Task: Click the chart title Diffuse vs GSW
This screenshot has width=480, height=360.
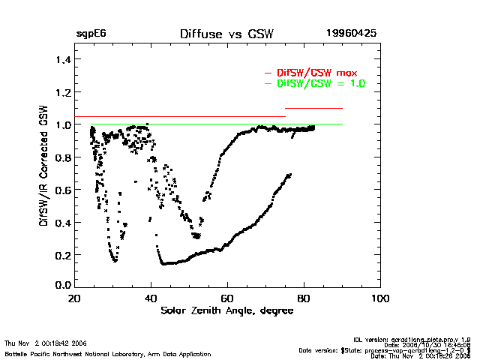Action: [x=226, y=34]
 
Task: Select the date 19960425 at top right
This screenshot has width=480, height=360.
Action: [x=351, y=34]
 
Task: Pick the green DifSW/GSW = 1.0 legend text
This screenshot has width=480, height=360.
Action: [x=321, y=83]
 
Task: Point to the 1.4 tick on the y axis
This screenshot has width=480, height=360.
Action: [x=62, y=59]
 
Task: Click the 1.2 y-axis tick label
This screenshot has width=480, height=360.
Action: [x=62, y=92]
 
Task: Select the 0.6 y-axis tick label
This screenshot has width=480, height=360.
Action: [x=62, y=190]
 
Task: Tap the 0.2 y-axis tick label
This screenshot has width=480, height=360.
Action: [x=62, y=255]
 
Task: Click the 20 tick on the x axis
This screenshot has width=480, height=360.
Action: [x=74, y=299]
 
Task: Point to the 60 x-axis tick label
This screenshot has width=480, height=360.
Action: [x=227, y=299]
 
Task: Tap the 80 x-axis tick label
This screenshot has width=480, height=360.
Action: [x=304, y=299]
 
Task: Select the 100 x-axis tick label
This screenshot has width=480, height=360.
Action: [x=380, y=299]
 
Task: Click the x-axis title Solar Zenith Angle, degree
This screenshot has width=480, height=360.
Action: [x=226, y=310]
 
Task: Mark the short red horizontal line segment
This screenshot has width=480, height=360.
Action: [x=313, y=109]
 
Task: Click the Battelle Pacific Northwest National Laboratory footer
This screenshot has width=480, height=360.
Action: [x=107, y=353]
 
